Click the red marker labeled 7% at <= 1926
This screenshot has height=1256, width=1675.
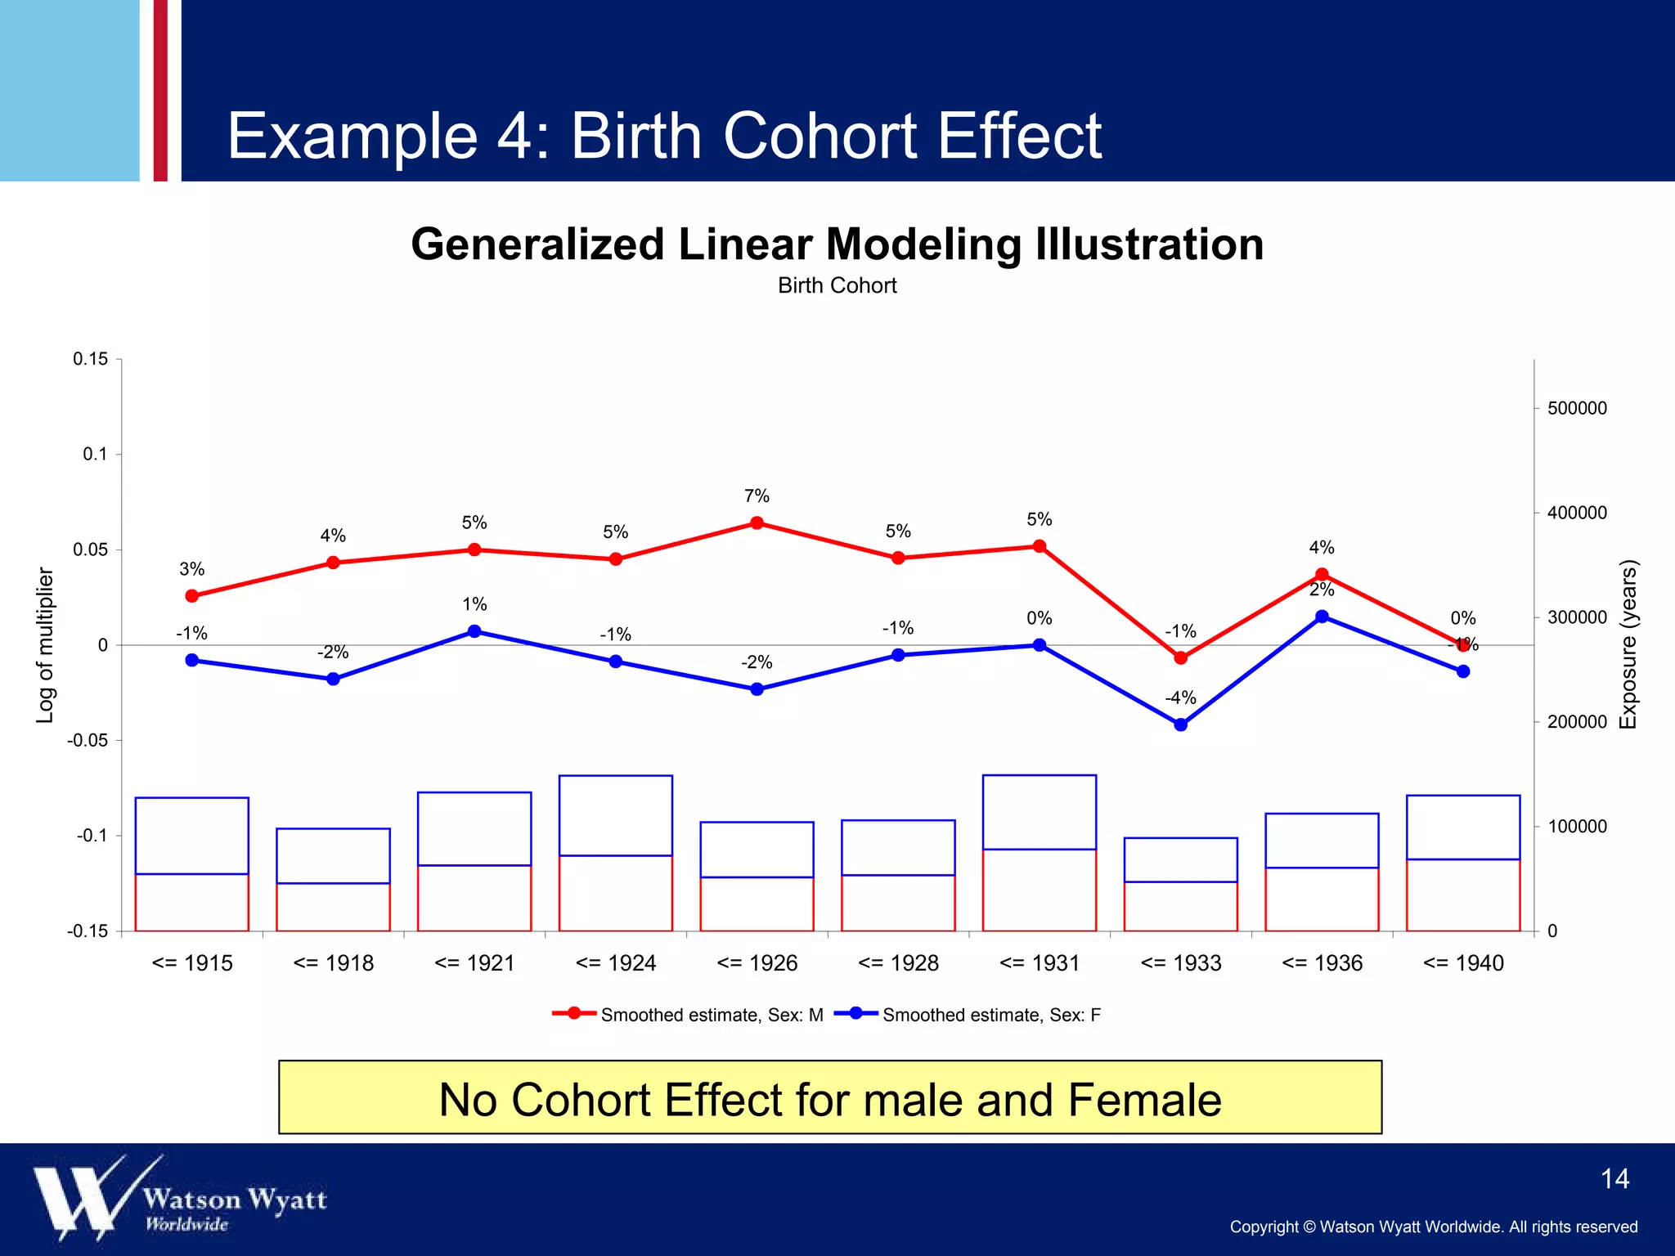(x=757, y=523)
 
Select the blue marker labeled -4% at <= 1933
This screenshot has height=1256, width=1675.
(x=1180, y=724)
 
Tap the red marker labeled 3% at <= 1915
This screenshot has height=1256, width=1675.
(x=192, y=596)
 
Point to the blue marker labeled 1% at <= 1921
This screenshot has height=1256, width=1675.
(x=474, y=631)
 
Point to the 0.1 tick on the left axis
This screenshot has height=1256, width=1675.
(x=96, y=455)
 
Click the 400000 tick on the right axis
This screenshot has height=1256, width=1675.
(x=1576, y=513)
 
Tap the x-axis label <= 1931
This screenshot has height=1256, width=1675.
(x=1040, y=963)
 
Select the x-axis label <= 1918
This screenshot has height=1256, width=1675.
(x=333, y=963)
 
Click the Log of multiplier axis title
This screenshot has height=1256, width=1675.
(x=45, y=645)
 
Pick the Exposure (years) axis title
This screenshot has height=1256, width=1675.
(x=1628, y=645)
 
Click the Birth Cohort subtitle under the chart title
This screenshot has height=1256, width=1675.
(x=837, y=285)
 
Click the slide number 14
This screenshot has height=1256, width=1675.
(x=1614, y=1178)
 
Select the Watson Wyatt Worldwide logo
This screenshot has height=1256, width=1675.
(x=180, y=1199)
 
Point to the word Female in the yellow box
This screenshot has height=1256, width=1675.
(x=1144, y=1099)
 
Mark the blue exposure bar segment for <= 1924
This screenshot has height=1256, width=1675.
(x=616, y=815)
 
